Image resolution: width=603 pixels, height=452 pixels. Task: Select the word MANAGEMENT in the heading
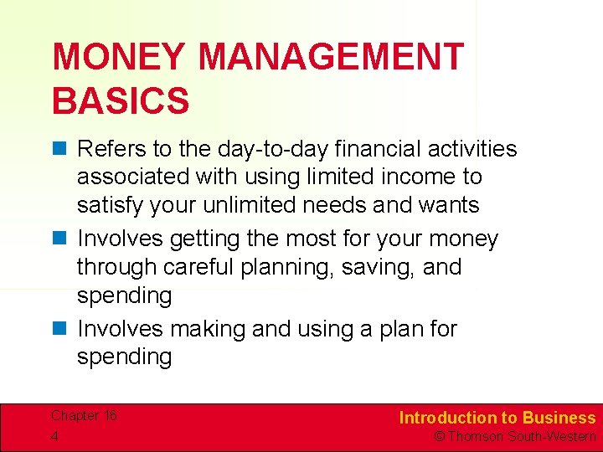tap(331, 58)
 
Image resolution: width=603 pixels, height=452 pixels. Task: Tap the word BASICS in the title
tap(121, 100)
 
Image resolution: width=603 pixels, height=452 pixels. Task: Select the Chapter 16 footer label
tap(84, 416)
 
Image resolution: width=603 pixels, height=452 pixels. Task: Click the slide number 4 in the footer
tap(55, 436)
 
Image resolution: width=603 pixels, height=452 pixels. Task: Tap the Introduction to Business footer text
tap(497, 418)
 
